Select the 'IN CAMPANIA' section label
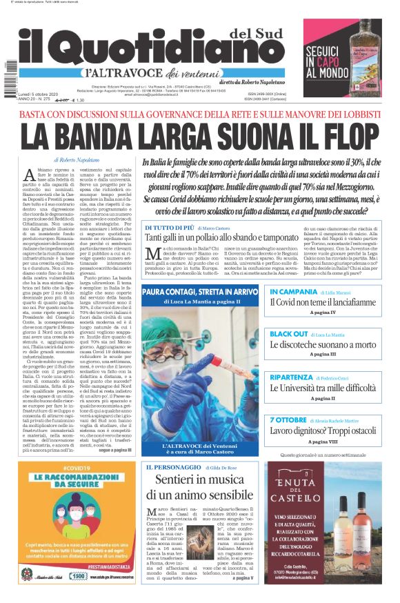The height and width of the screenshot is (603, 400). [292, 293]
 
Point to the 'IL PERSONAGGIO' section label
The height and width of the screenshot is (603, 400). [170, 467]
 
